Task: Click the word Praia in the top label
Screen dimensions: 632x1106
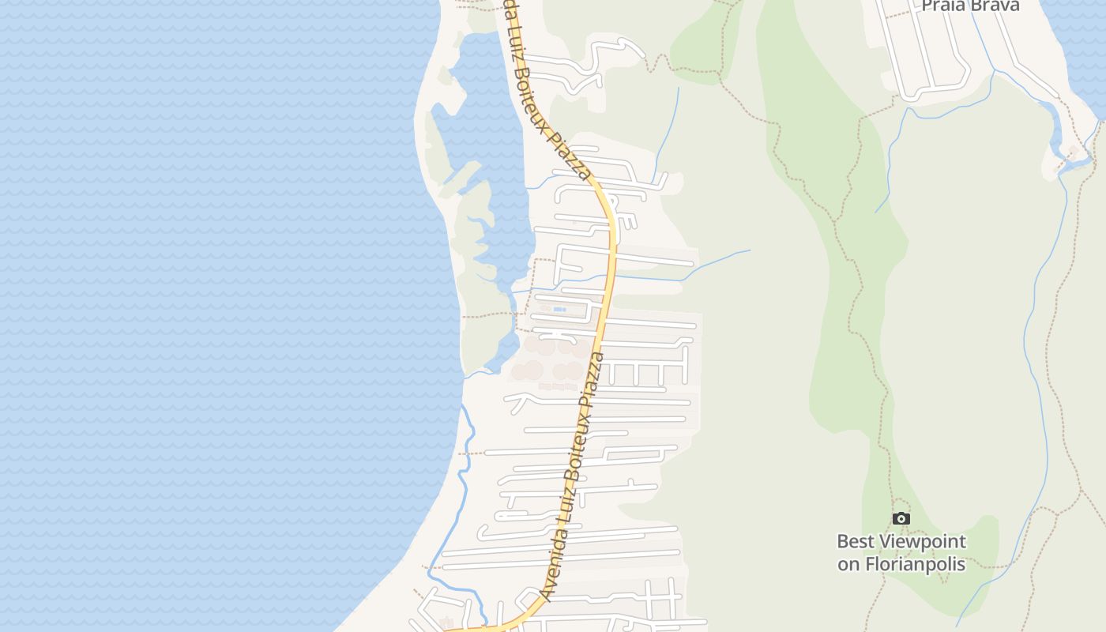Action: point(943,5)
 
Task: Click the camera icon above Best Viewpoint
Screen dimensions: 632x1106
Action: point(901,519)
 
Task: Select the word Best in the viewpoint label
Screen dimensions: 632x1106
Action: point(856,542)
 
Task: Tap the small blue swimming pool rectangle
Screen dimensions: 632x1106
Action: point(559,309)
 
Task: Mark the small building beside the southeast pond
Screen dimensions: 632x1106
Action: point(1073,150)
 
